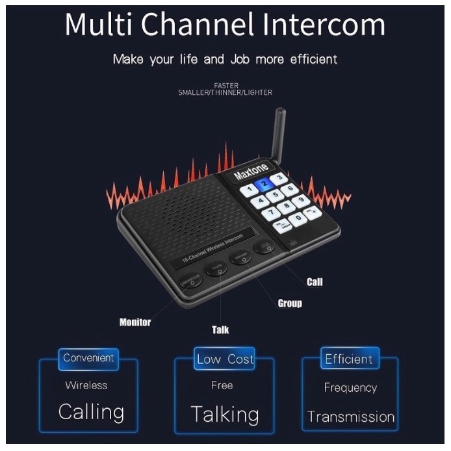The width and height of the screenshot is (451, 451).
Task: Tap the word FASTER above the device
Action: pyautogui.click(x=225, y=85)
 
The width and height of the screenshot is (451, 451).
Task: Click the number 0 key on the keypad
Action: pyautogui.click(x=298, y=218)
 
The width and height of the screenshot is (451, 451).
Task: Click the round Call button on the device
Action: pyautogui.click(x=263, y=246)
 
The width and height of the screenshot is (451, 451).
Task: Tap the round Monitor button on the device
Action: pyautogui.click(x=190, y=280)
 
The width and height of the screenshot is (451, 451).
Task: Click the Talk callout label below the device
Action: pyautogui.click(x=220, y=329)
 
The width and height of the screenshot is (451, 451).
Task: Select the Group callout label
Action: pyautogui.click(x=290, y=303)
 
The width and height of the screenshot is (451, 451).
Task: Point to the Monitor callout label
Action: pyautogui.click(x=135, y=322)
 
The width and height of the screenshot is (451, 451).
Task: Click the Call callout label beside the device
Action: pyautogui.click(x=315, y=282)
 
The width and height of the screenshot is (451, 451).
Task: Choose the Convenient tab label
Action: pyautogui.click(x=88, y=358)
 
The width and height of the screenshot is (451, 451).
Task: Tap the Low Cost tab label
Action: pyautogui.click(x=225, y=359)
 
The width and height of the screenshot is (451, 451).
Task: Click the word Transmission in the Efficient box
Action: pyautogui.click(x=351, y=417)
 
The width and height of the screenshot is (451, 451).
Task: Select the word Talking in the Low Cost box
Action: pyautogui.click(x=225, y=414)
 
